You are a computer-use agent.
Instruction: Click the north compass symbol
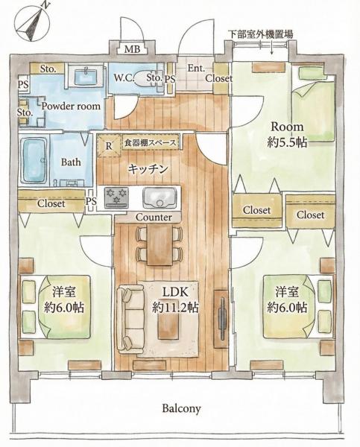point(32,22)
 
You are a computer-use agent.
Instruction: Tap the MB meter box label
point(133,49)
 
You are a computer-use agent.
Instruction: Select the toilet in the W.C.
point(145,78)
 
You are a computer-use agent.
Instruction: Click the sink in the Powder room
point(86,75)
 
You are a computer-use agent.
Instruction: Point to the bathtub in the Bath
point(34,160)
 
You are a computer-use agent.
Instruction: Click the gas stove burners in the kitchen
point(116,197)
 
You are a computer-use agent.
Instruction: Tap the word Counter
point(154,218)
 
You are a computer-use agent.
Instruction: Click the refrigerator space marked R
point(109,146)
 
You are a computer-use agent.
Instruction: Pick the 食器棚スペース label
point(150,142)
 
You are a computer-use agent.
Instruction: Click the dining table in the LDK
point(160,244)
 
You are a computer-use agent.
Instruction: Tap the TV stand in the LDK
point(221,319)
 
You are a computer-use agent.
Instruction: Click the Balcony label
point(181,408)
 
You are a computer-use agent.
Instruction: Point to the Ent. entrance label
point(196,69)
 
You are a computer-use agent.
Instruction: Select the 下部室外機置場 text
point(260,34)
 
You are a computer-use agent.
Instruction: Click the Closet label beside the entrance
point(219,78)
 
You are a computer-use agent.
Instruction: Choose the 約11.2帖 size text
point(175,307)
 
